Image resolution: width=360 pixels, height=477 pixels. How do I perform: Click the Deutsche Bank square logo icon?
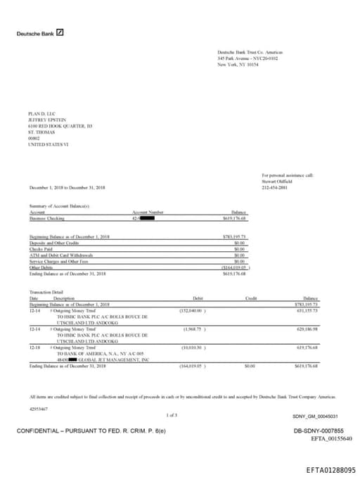pyautogui.click(x=60, y=32)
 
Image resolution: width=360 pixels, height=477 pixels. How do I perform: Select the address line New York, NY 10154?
pyautogui.click(x=238, y=65)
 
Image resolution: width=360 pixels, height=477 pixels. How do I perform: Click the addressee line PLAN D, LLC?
pyautogui.click(x=41, y=114)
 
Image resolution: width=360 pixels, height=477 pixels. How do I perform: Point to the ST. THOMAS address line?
pyautogui.click(x=39, y=132)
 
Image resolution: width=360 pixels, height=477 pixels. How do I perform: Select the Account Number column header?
pyautogui.click(x=148, y=212)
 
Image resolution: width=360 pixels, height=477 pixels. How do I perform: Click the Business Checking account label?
pyautogui.click(x=47, y=218)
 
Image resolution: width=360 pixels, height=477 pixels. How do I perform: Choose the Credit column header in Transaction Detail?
pyautogui.click(x=251, y=298)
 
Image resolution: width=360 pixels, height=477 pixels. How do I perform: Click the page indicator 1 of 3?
pyautogui.click(x=172, y=415)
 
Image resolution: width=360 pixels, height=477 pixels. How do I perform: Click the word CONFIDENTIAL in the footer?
pyautogui.click(x=40, y=431)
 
